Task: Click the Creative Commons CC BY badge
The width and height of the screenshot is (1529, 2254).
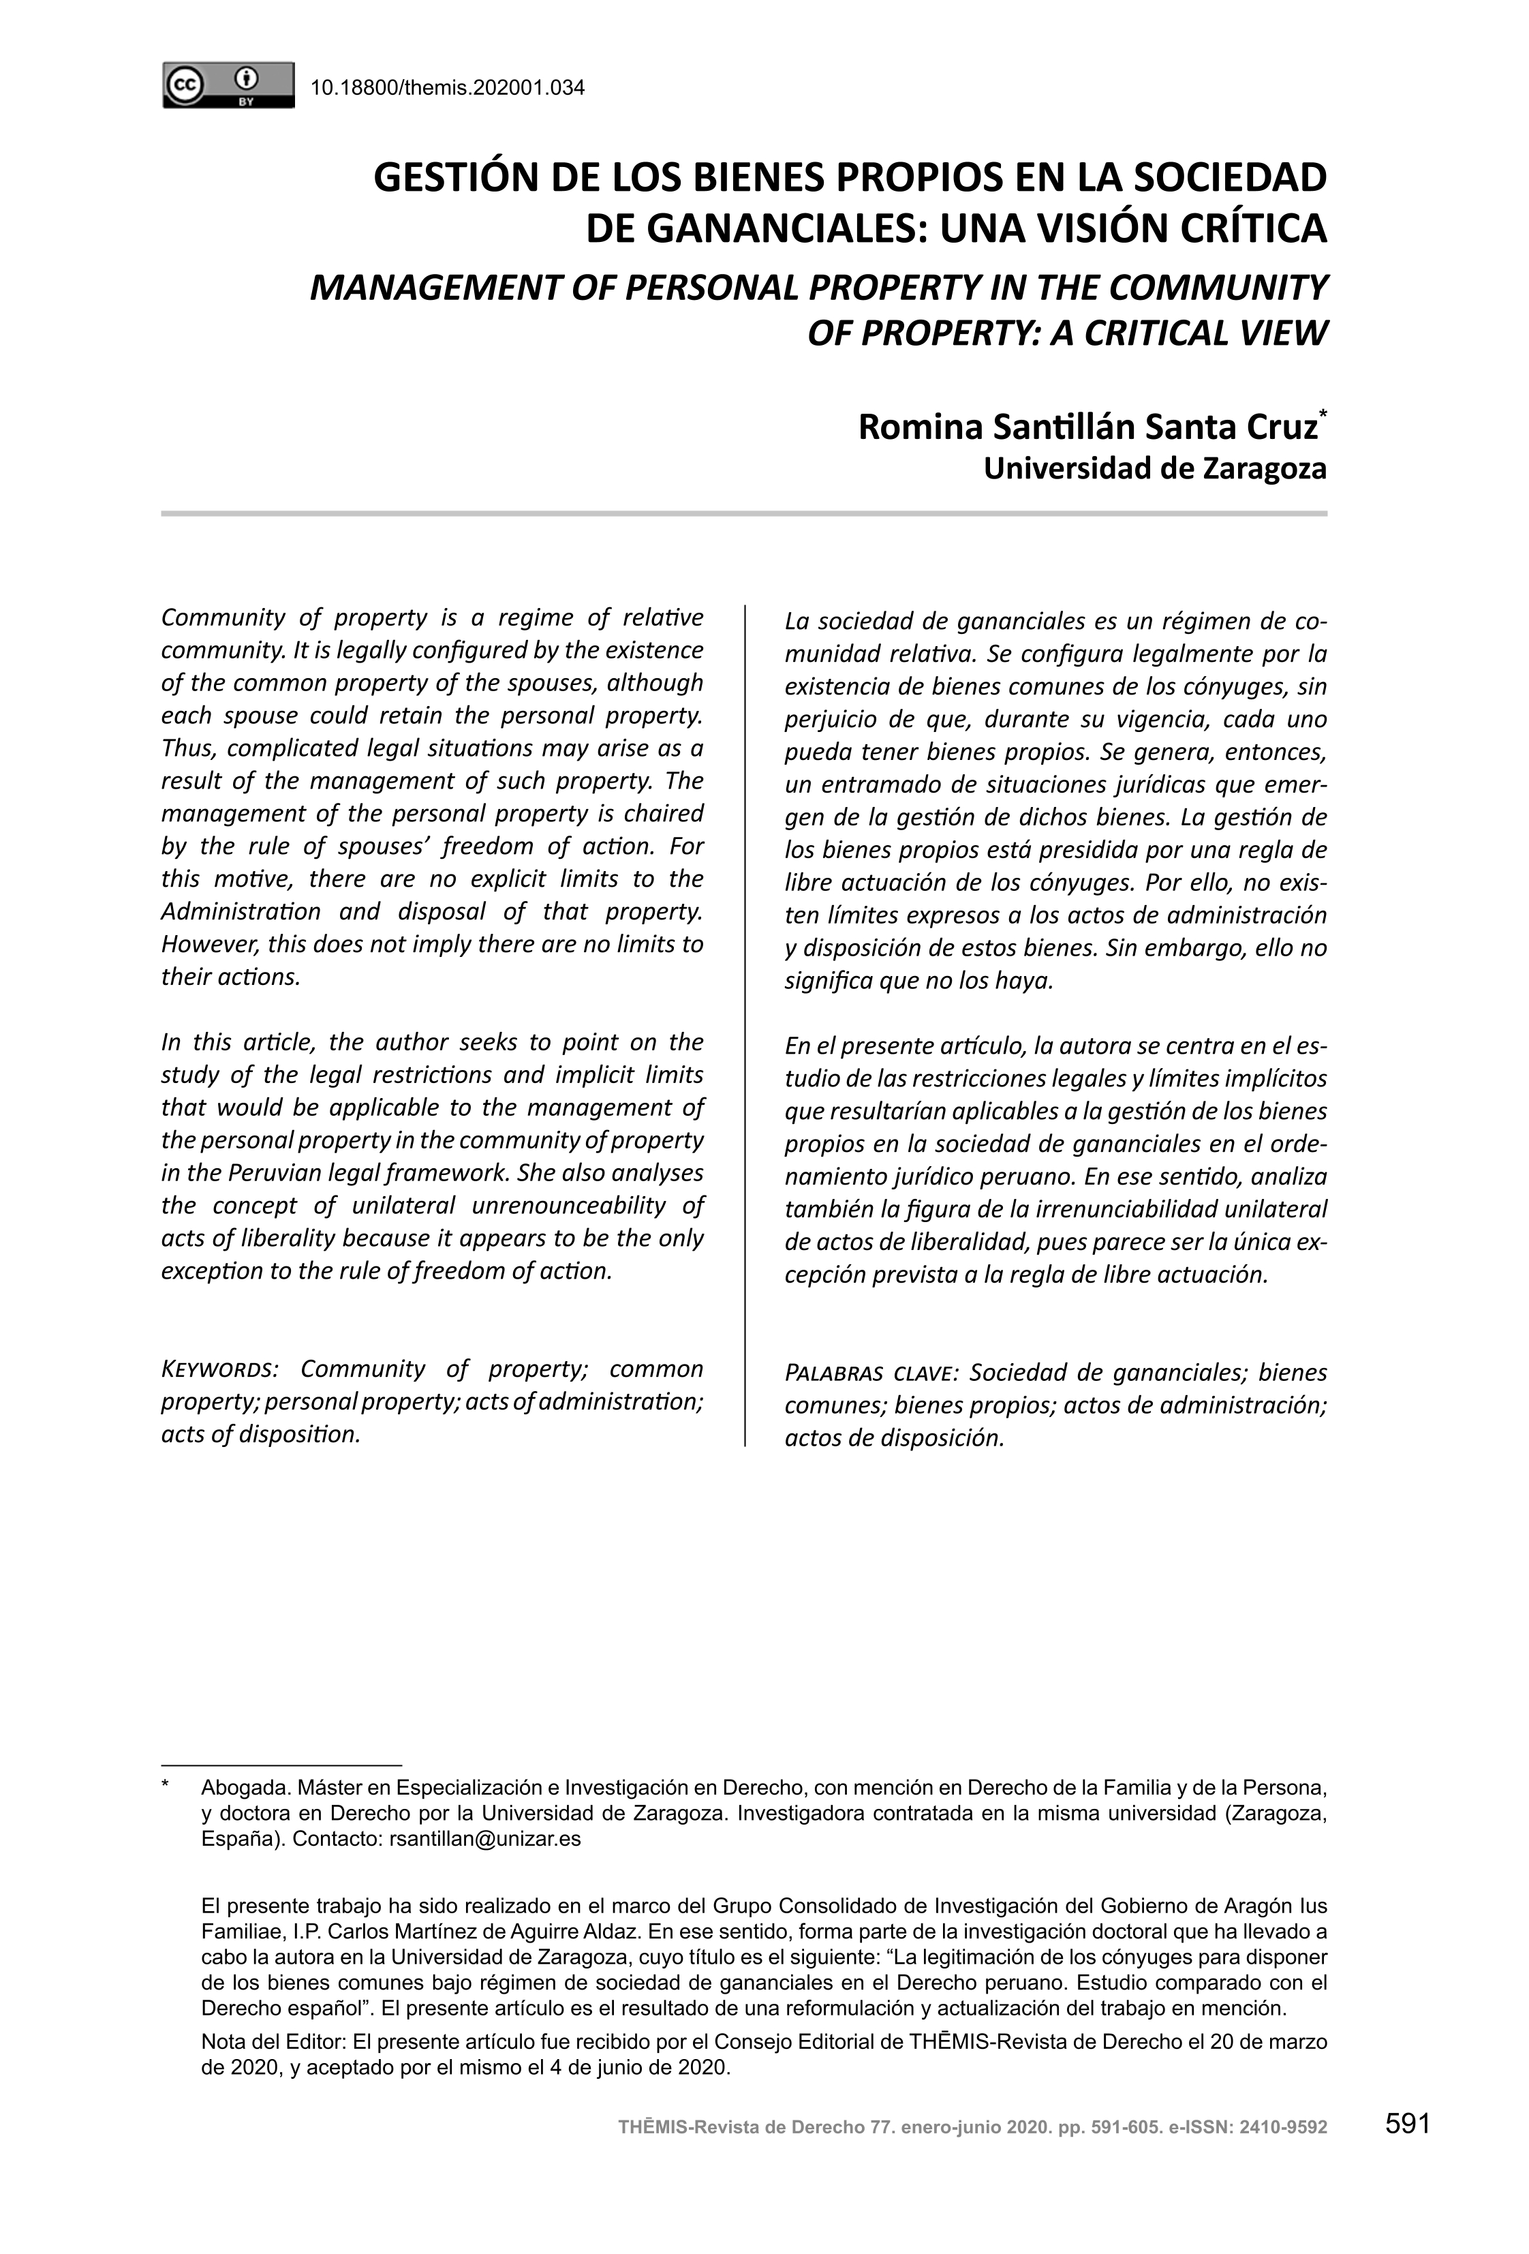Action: pyautogui.click(x=228, y=85)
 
